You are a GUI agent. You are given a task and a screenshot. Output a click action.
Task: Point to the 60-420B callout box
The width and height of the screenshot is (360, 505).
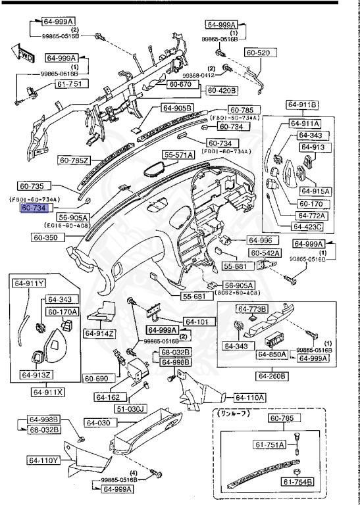222,90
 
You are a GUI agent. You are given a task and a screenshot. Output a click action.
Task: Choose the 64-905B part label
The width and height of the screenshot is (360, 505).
177,108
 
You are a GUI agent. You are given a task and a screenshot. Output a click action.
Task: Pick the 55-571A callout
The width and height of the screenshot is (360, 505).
179,155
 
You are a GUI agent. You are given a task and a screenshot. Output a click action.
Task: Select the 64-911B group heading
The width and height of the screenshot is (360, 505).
302,105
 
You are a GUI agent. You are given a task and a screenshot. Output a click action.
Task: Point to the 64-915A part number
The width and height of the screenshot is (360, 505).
315,191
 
